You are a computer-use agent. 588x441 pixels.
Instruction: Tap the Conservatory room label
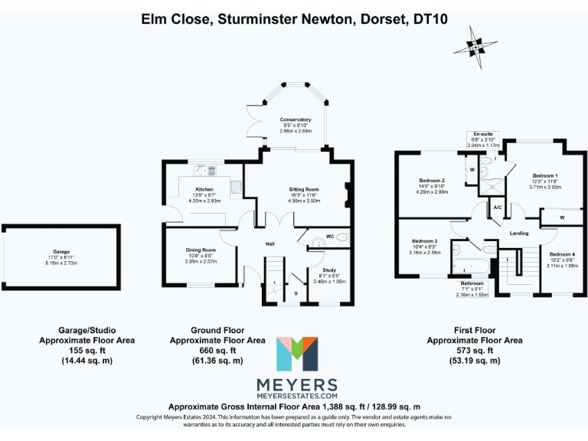[296, 119]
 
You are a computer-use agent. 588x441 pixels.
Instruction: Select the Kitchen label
[204, 189]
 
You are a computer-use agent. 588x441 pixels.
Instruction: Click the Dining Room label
[201, 250]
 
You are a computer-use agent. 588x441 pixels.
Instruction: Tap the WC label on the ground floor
[329, 236]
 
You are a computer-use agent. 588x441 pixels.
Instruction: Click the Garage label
[61, 251]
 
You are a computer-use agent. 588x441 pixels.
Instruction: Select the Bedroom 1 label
[545, 175]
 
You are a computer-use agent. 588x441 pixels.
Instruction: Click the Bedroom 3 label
[424, 240]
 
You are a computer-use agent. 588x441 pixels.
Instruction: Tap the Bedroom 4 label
[562, 254]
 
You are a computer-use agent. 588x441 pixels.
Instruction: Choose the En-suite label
[483, 133]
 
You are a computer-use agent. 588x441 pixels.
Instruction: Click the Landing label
[518, 234]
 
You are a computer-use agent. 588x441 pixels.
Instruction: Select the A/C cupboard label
[498, 207]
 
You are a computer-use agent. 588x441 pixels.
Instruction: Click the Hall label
[270, 243]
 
